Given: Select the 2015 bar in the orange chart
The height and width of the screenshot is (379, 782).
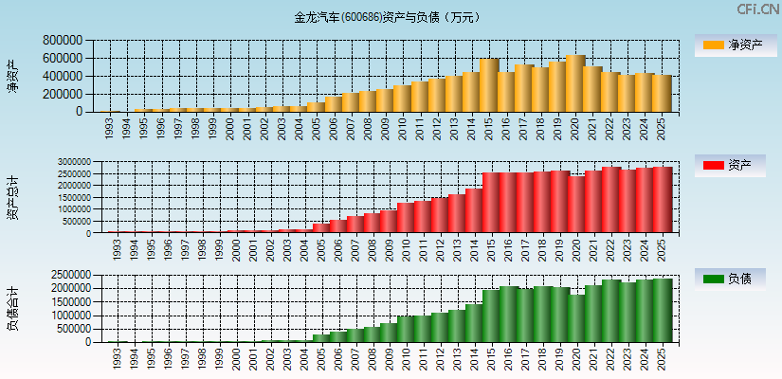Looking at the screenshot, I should coord(488,85).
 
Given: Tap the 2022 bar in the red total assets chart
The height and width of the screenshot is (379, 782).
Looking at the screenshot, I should coord(610,200).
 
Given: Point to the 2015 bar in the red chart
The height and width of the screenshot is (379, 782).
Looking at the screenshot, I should coord(491,203).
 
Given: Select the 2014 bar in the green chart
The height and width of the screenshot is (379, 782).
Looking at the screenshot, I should coord(473,323).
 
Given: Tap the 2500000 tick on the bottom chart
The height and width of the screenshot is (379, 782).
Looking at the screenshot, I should coord(64,274).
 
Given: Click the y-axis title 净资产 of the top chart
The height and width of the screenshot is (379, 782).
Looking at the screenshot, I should coord(12,76).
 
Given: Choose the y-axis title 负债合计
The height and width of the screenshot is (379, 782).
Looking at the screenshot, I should coord(12,308).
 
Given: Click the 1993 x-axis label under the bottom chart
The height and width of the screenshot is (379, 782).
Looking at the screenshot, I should coord(117,360).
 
